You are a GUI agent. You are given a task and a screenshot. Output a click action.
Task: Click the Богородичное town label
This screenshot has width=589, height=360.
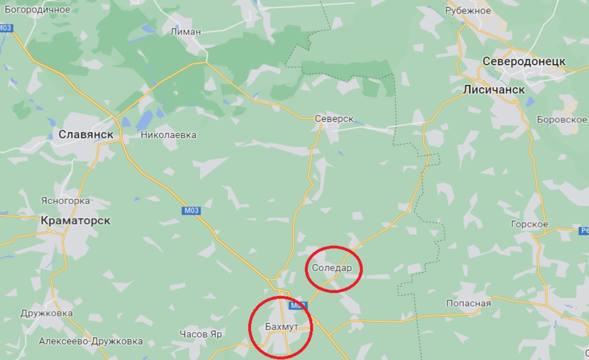pyautogui.click(x=37, y=9)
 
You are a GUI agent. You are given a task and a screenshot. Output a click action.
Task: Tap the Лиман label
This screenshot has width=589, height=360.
pyautogui.click(x=185, y=32)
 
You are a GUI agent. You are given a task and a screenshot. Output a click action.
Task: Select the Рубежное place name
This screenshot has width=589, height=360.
pyautogui.click(x=468, y=11)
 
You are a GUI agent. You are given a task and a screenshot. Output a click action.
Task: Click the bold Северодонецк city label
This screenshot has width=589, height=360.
pyautogui.click(x=524, y=61)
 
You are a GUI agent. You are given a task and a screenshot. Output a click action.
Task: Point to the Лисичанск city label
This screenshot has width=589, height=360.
pyautogui.click(x=494, y=90)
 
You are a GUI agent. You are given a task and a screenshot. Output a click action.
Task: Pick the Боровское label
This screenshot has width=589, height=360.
pyautogui.click(x=561, y=120)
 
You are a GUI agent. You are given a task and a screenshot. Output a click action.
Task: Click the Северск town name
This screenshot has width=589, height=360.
pyautogui.click(x=334, y=119)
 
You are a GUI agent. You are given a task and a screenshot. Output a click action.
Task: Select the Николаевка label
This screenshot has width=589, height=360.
pyautogui.click(x=168, y=135)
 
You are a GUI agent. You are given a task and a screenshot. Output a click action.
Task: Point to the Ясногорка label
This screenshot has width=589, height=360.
pyautogui.click(x=65, y=201)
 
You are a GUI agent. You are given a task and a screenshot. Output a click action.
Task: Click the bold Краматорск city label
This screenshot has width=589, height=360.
pyautogui.click(x=75, y=220)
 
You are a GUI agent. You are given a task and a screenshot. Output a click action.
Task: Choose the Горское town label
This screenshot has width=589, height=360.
pyautogui.click(x=529, y=224)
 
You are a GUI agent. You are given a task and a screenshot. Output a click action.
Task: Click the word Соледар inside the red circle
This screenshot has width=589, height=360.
pyautogui.click(x=332, y=268)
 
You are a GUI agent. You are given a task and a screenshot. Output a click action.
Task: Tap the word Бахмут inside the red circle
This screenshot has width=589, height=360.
pyautogui.click(x=282, y=327)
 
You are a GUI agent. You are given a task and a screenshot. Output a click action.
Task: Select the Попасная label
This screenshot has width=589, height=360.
pyautogui.click(x=468, y=303)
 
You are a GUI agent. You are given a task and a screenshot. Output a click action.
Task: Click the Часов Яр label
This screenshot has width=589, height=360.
pyautogui.click(x=201, y=334)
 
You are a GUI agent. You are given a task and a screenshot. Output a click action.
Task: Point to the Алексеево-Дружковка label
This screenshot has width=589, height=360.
pyautogui.click(x=91, y=342)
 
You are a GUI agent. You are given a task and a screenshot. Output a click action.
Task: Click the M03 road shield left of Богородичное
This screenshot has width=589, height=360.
pyautogui.click(x=6, y=28)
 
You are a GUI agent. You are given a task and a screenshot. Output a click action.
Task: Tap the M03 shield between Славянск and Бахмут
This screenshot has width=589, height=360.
pyautogui.click(x=190, y=211)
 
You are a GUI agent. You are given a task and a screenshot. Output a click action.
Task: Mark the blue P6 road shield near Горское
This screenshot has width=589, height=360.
pyautogui.click(x=583, y=231)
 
